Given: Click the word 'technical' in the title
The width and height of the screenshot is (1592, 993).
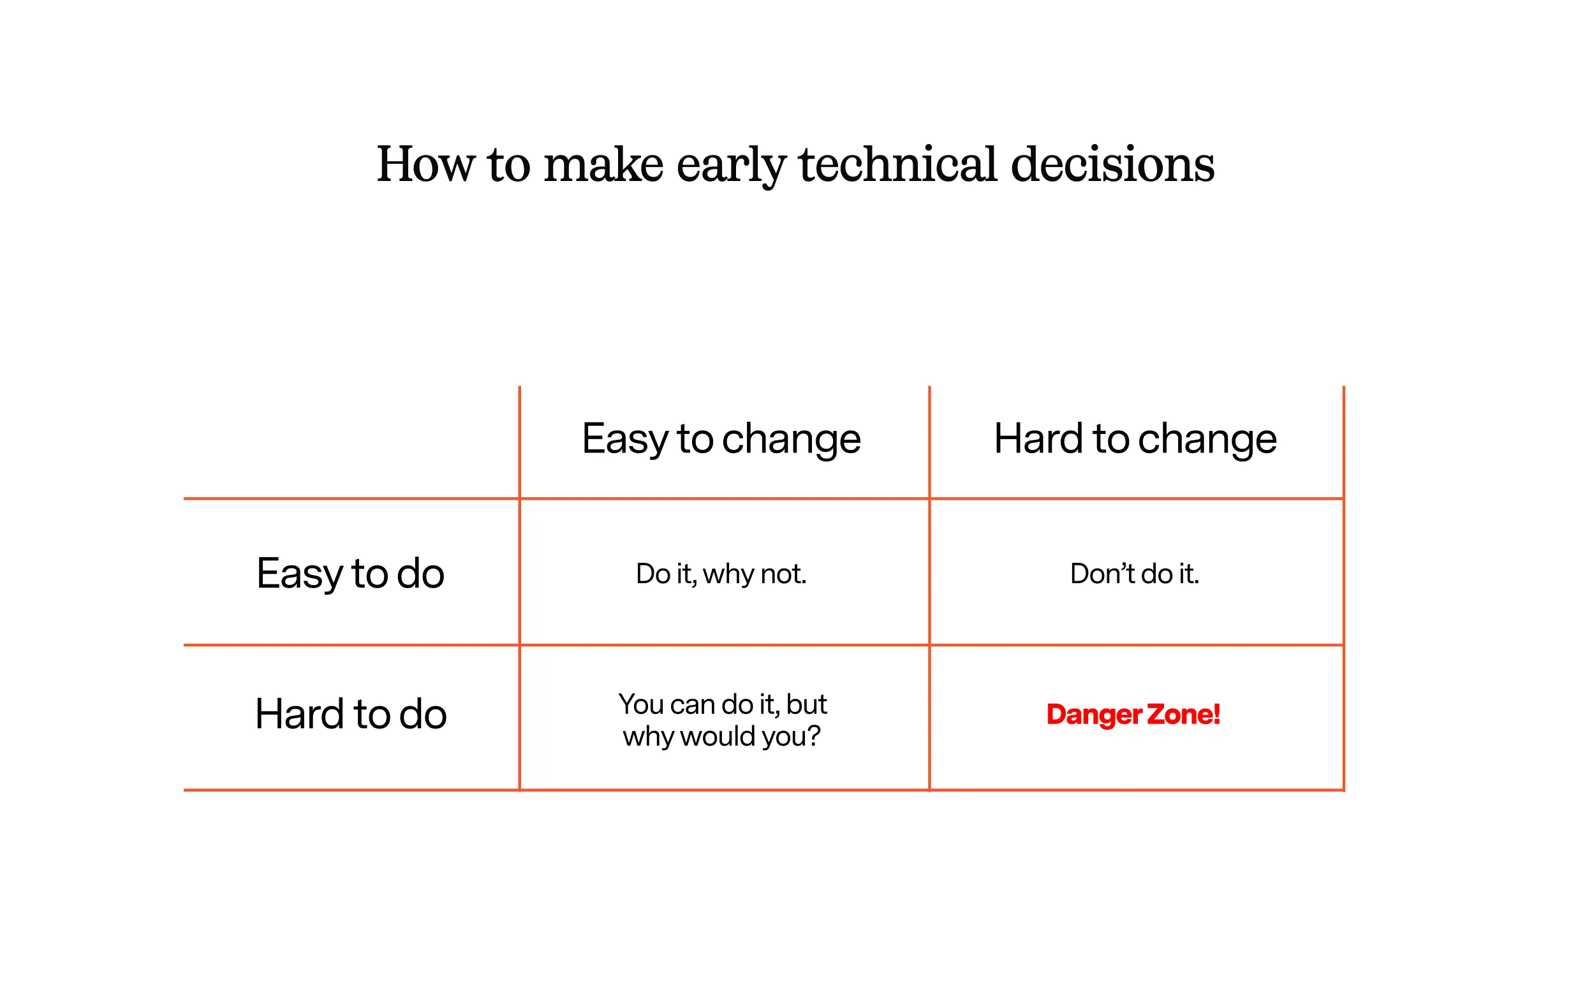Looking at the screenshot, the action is pyautogui.click(x=898, y=164).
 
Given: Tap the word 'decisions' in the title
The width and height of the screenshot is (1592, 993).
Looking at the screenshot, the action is pyautogui.click(x=1112, y=164).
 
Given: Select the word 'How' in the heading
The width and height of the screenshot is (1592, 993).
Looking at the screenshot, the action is pyautogui.click(x=424, y=164).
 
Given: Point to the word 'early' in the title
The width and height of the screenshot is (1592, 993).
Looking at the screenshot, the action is pyautogui.click(x=731, y=166).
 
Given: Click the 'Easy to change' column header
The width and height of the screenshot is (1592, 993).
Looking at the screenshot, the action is pyautogui.click(x=721, y=439).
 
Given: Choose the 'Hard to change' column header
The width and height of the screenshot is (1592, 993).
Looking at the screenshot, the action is pyautogui.click(x=1135, y=439).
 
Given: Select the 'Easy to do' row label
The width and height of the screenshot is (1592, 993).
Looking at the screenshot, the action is pyautogui.click(x=350, y=574).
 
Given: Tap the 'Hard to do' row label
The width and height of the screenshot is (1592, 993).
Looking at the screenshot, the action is pyautogui.click(x=350, y=714).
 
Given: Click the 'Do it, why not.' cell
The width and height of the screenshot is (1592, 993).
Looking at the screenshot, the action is pyautogui.click(x=721, y=574).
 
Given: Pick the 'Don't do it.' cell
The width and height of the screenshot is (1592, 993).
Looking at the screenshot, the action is pyautogui.click(x=1134, y=574).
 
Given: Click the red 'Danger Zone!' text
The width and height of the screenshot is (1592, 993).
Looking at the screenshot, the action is pyautogui.click(x=1133, y=714).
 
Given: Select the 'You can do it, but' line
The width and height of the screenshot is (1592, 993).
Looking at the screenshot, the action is pyautogui.click(x=722, y=705).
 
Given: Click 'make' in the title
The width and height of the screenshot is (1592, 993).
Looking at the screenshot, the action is pyautogui.click(x=603, y=164).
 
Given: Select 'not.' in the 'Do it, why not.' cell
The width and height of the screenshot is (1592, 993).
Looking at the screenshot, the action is pyautogui.click(x=783, y=574).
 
